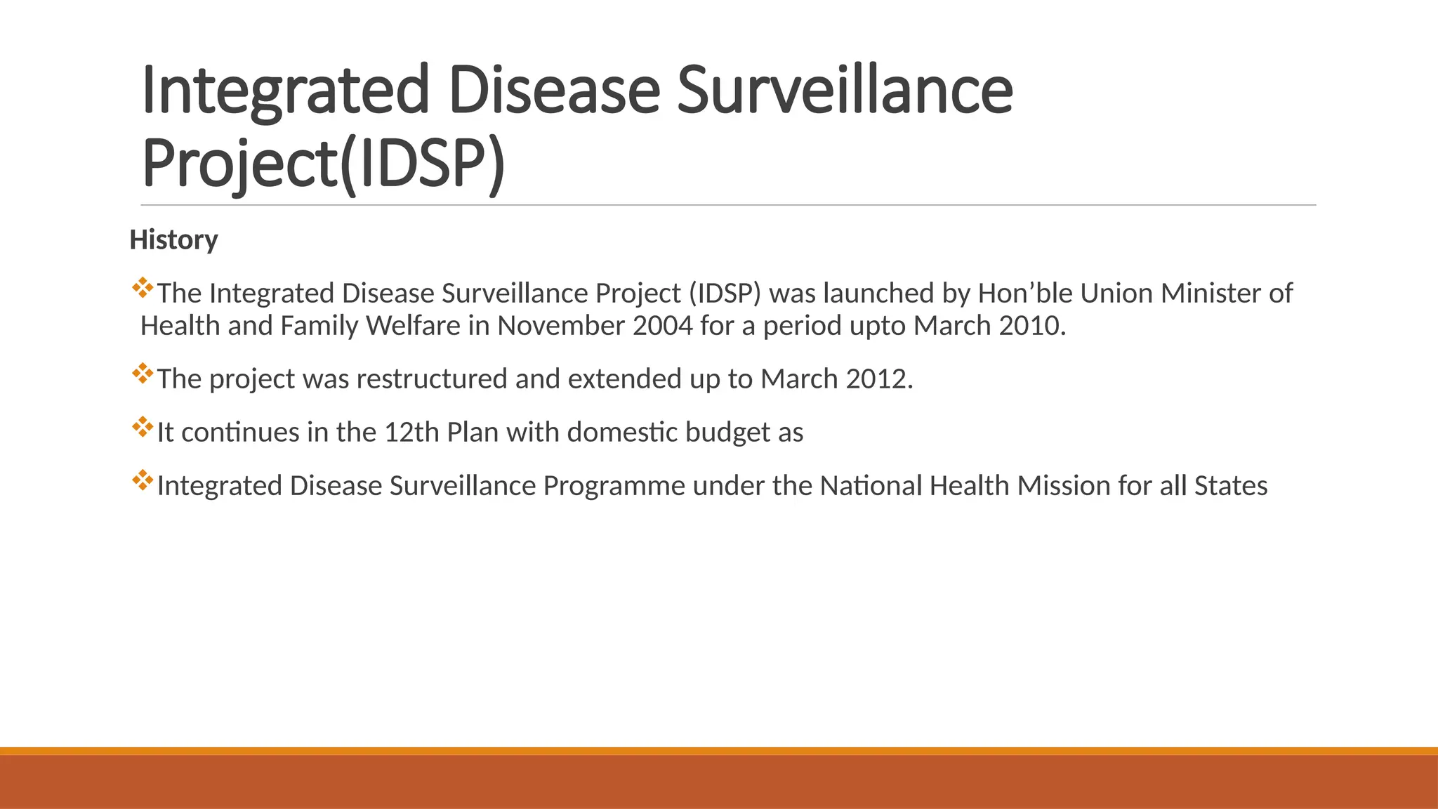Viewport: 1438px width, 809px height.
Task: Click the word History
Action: tap(173, 240)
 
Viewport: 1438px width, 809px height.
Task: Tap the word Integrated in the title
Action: tap(284, 91)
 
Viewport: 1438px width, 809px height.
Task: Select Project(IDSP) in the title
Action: tap(323, 164)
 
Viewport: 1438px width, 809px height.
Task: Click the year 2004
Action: tap(662, 326)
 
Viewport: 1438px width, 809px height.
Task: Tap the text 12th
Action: tap(411, 433)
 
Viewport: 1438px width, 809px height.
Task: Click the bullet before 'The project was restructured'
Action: tap(142, 374)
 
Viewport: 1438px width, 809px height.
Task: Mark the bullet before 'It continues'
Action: tap(142, 427)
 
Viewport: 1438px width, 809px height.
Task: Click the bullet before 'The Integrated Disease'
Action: tap(142, 288)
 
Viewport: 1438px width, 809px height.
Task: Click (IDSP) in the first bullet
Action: tap(725, 294)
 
